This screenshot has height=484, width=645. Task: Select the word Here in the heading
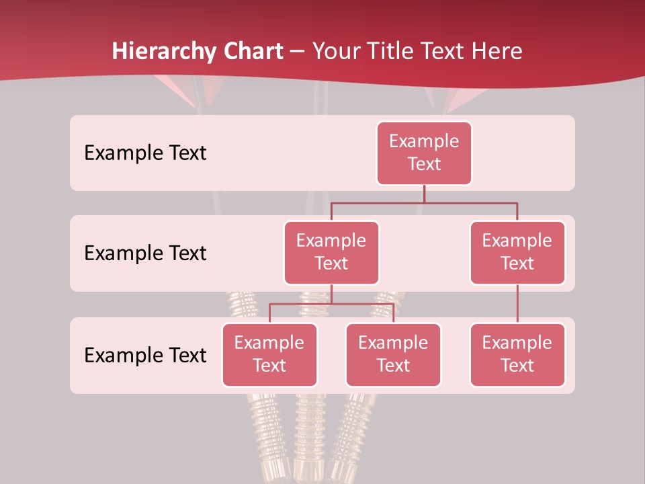coord(498,51)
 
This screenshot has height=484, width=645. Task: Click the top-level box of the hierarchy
coord(424,153)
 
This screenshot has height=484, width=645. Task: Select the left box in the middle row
coord(331,253)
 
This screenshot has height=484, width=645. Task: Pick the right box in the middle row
coord(517,253)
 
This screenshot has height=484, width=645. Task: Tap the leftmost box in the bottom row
coord(269,355)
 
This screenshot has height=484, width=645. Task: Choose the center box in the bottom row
coord(393,355)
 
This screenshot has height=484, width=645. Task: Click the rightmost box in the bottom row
coord(517,355)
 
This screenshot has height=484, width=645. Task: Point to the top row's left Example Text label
coord(145,153)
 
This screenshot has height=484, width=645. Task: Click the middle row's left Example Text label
coord(145,253)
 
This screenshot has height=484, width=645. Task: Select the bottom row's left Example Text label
coord(145,356)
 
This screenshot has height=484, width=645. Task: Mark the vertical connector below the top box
coord(424,194)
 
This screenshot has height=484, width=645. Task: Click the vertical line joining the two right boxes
coord(517,304)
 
